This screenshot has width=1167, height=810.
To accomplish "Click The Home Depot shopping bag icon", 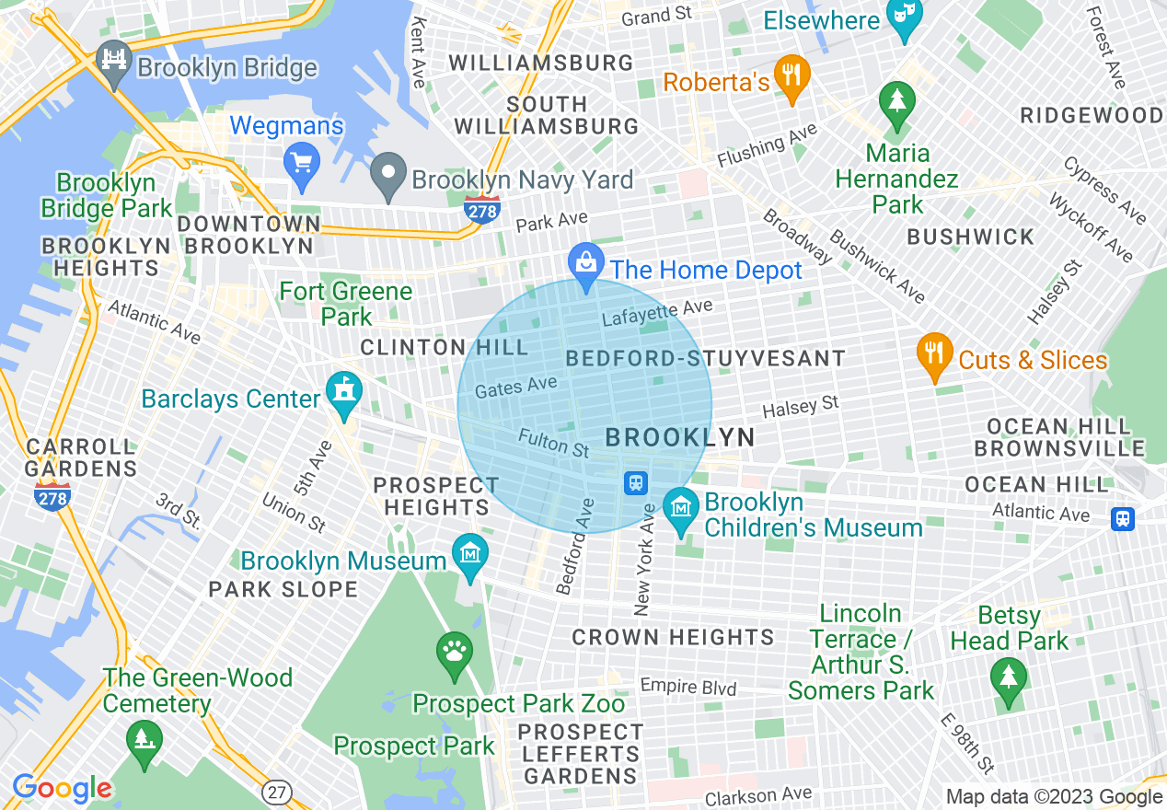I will [x=586, y=263].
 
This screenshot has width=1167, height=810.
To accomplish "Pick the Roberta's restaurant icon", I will [x=791, y=74].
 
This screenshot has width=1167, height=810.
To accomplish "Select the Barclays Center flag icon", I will [x=344, y=393].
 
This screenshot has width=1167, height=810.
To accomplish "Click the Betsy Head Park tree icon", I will [x=1010, y=678].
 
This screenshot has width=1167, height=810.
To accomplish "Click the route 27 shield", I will [x=274, y=791].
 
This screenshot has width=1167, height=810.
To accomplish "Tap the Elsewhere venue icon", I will [x=904, y=17].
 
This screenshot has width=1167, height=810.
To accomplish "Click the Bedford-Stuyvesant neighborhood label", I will [x=705, y=358].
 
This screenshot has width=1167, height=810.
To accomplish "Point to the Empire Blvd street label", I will [x=688, y=687].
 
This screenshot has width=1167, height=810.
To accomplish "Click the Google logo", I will [x=62, y=788].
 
